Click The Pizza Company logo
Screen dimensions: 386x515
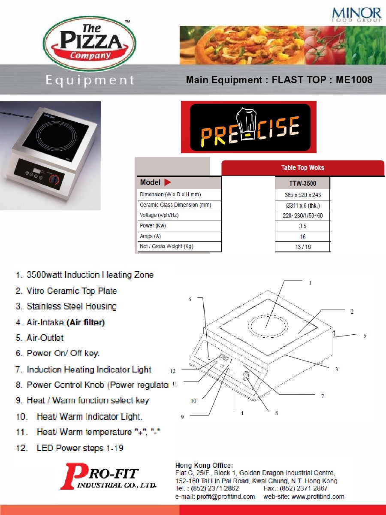point(89,44)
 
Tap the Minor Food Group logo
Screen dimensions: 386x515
point(356,15)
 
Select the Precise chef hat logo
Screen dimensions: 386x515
point(249,127)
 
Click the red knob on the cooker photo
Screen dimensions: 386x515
point(54,180)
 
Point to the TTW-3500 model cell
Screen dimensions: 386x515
point(302,183)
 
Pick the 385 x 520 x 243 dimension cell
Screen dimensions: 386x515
point(302,195)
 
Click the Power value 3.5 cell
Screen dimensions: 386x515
point(302,226)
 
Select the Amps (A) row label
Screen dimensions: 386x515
point(150,236)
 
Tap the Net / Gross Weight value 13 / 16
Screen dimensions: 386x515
point(303,247)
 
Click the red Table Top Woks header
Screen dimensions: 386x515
point(302,168)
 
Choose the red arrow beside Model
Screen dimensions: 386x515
point(167,182)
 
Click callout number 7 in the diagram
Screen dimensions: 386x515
point(323,396)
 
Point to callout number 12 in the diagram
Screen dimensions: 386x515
point(173,371)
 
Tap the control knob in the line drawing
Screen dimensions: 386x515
point(246,376)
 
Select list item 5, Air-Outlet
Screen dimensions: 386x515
point(39,338)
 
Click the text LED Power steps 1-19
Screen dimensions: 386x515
point(80,448)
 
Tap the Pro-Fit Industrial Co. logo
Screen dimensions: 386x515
point(108,476)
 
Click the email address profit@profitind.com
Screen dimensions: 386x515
point(226,497)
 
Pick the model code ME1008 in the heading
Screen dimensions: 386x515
point(354,80)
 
